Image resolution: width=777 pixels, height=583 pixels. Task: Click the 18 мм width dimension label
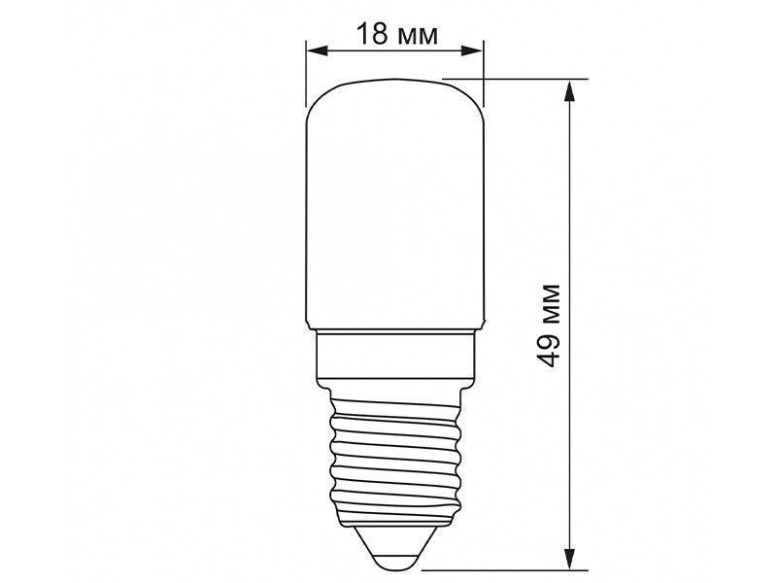[x=397, y=35]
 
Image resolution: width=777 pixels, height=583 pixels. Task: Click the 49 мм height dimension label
[x=550, y=326]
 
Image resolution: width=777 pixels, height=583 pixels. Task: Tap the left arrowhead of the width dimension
[x=318, y=51]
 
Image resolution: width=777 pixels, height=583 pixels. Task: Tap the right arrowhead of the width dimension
[x=472, y=51]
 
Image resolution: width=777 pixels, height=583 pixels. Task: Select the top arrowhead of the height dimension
[x=570, y=91]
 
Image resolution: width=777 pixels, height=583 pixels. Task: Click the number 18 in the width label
[x=372, y=35]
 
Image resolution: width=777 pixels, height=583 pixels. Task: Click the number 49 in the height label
[x=550, y=350]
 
